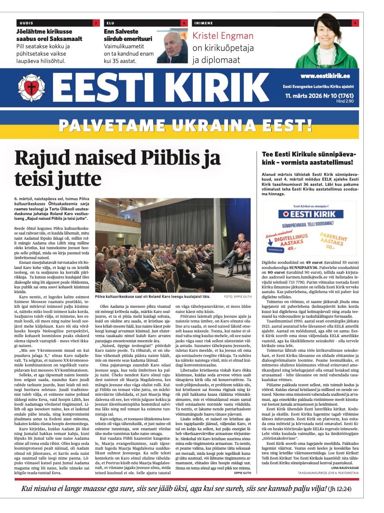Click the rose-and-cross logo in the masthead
point(31,88)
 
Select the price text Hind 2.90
point(345,101)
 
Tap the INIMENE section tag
point(204,23)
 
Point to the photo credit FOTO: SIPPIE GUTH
point(237,297)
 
